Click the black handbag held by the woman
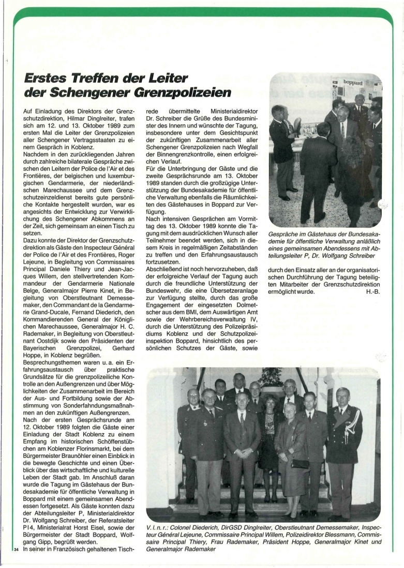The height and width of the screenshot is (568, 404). click(x=300, y=463)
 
